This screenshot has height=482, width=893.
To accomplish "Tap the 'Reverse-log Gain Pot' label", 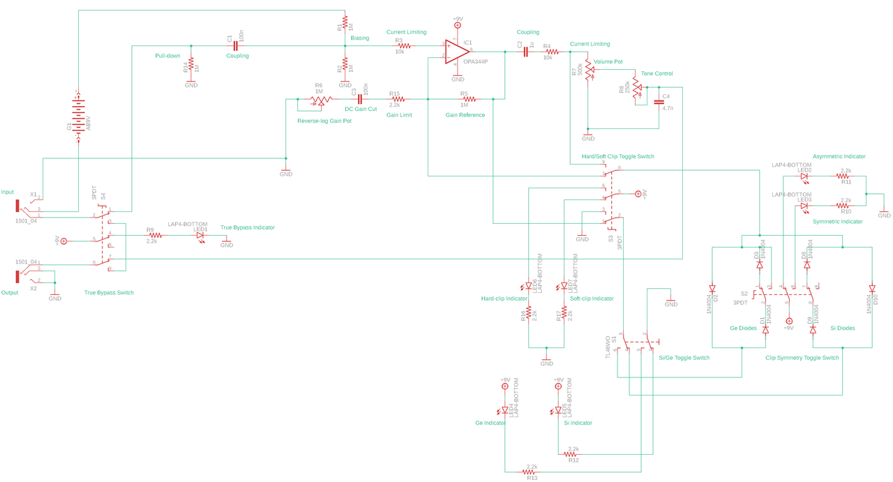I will (324, 121).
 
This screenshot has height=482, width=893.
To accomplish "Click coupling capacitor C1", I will (235, 47).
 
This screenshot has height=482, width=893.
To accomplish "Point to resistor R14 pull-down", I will (191, 67).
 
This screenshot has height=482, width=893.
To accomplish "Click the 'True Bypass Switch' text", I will (109, 292).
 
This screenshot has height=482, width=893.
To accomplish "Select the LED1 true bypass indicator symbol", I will (201, 236).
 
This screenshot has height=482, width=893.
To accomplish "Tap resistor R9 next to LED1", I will (151, 236).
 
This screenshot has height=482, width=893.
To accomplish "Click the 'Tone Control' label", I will (656, 73).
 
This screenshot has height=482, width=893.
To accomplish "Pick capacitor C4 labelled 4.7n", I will (659, 103).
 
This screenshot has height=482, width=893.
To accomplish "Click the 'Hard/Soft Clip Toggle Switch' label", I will (617, 156).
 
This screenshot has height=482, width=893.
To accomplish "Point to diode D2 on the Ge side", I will (712, 288).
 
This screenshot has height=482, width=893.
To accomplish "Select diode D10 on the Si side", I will (872, 288).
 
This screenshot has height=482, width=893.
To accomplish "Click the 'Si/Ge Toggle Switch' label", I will (684, 358).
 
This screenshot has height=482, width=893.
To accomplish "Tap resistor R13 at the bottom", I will (532, 472).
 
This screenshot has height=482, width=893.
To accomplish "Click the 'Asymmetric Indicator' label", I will (839, 156).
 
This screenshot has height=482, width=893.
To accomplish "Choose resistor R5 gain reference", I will (469, 98).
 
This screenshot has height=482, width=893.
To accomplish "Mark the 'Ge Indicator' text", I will (490, 423).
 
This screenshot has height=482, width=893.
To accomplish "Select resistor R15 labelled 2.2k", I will (394, 98).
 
